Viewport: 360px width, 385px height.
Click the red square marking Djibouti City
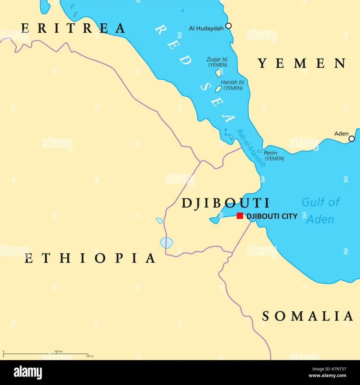coord(240,216)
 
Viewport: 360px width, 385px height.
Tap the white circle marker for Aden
coord(351,139)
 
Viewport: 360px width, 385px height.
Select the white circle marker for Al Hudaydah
coord(228,26)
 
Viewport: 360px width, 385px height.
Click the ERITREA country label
coord(73,28)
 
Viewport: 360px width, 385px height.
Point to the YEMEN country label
coord(302,63)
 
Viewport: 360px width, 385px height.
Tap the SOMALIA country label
coord(307,316)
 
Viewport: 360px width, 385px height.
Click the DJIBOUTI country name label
coord(226,203)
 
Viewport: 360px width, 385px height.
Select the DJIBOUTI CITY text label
coord(272,216)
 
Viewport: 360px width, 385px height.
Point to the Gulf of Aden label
coord(320,211)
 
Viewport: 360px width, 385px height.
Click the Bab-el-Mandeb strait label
coord(251,148)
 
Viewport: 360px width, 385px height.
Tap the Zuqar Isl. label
coord(217,59)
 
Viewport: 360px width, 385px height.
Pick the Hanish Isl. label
coord(233,82)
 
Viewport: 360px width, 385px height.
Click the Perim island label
coord(270,153)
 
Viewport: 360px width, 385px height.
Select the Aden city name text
coord(341,134)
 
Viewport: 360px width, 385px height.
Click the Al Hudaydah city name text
coord(206,28)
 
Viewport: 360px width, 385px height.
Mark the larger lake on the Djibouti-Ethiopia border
coord(166,243)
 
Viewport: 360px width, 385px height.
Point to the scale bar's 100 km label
coord(58,351)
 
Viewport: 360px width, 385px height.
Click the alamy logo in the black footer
coord(28,373)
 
